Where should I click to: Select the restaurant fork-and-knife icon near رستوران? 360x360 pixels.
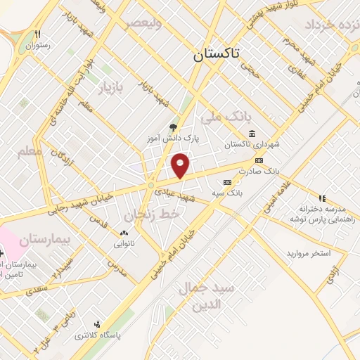[x=39, y=33]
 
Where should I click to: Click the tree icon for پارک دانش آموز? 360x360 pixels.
[x=173, y=127]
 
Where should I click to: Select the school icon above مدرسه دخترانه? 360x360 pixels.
[x=323, y=198]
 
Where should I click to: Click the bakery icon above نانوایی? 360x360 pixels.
[x=124, y=233]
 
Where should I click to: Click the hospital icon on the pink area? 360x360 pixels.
[x=2, y=252]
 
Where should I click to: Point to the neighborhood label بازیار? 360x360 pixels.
[x=109, y=88]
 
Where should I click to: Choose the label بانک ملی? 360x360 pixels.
[x=221, y=115]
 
